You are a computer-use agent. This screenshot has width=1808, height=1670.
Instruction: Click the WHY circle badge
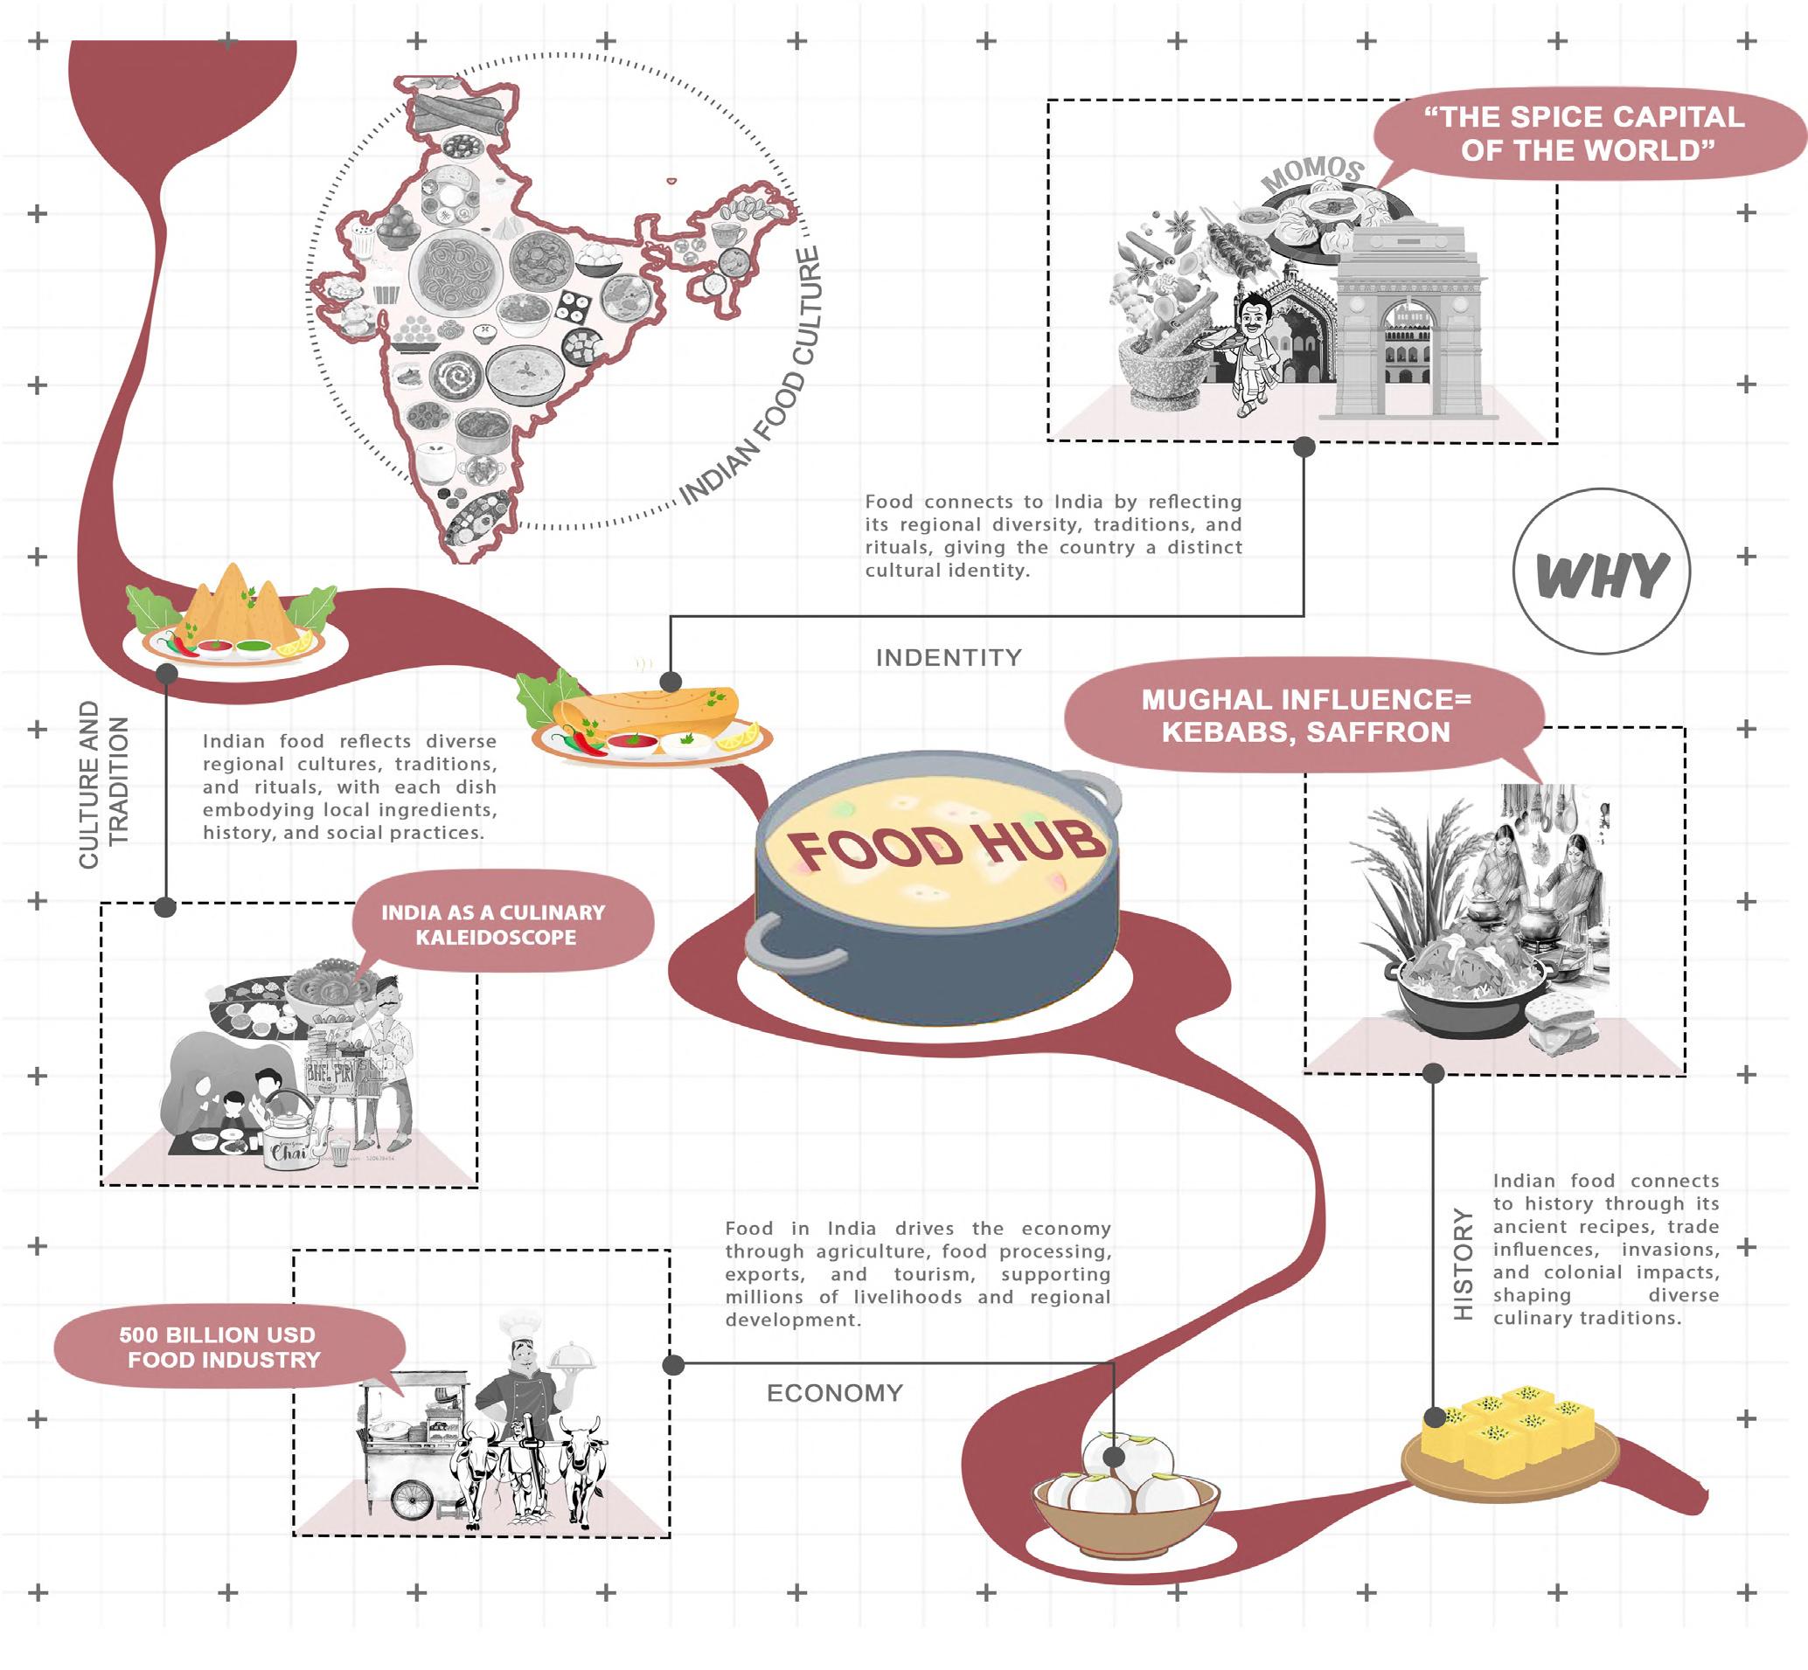1601,572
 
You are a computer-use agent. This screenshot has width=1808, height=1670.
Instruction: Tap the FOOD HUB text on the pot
946,848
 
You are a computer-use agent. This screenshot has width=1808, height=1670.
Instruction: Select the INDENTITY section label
949,657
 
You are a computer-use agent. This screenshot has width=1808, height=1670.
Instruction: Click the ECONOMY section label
834,1393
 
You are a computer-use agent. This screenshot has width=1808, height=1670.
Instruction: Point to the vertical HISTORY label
1463,1265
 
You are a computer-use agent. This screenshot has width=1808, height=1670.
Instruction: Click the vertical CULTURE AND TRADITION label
103,785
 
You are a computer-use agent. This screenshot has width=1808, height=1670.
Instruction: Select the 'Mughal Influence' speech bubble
1305,715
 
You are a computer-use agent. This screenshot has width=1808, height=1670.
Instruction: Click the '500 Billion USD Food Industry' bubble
224,1347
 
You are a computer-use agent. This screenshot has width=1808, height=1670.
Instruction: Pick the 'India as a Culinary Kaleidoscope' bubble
494,924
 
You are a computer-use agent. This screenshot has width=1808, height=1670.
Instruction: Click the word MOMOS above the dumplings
1312,173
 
